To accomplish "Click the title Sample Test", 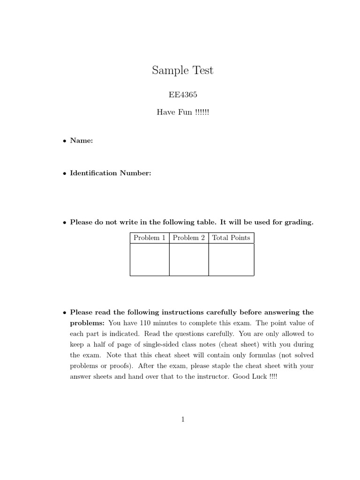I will pyautogui.click(x=182, y=71).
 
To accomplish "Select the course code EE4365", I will pyautogui.click(x=183, y=94).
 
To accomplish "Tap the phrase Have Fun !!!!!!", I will pyautogui.click(x=183, y=112).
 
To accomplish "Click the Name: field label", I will pyautogui.click(x=82, y=140).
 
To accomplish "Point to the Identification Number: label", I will pyautogui.click(x=111, y=173).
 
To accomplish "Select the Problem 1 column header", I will pyautogui.click(x=150, y=238).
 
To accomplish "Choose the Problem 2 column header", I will pyautogui.click(x=189, y=238).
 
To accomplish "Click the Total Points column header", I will pyautogui.click(x=231, y=238).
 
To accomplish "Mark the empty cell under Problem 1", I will pyautogui.click(x=150, y=260).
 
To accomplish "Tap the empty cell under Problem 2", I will pyautogui.click(x=189, y=260).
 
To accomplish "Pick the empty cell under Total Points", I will pyautogui.click(x=231, y=260).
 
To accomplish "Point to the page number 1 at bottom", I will pyautogui.click(x=183, y=420).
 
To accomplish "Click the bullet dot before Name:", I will pyautogui.click(x=64, y=141).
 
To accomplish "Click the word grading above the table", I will pyautogui.click(x=298, y=222).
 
